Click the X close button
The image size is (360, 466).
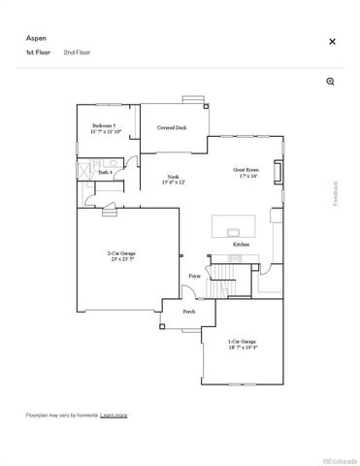pyautogui.click(x=332, y=42)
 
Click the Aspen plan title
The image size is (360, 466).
pyautogui.click(x=35, y=36)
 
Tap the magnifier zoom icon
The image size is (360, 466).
pyautogui.click(x=331, y=82)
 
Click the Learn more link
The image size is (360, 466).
pyautogui.click(x=114, y=415)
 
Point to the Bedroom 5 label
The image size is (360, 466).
pyautogui.click(x=105, y=128)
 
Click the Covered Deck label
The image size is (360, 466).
pyautogui.click(x=173, y=127)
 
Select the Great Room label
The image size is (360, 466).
pyautogui.click(x=245, y=173)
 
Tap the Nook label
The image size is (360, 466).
pyautogui.click(x=171, y=178)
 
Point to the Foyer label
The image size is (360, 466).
pyautogui.click(x=194, y=277)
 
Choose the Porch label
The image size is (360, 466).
pyautogui.click(x=189, y=312)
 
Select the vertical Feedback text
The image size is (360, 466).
pyautogui.click(x=337, y=194)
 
